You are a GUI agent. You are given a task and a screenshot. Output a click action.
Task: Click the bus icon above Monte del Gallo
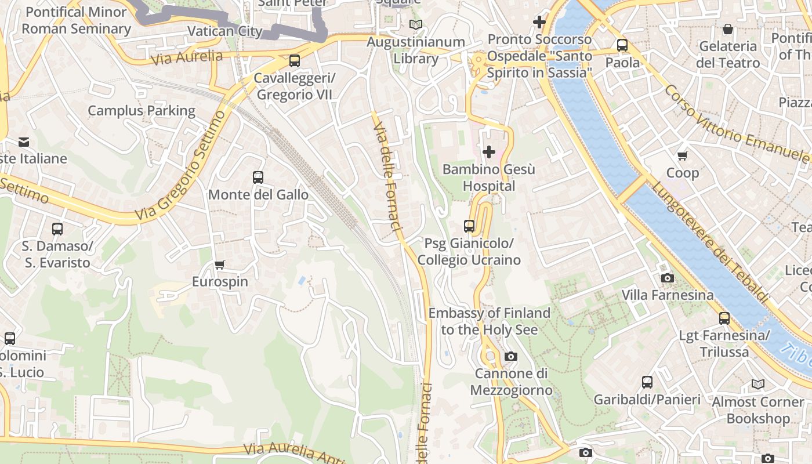click(x=258, y=177)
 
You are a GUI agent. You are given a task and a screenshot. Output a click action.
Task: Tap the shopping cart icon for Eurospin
click(x=219, y=265)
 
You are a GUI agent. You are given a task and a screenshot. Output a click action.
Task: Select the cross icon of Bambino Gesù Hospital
click(x=489, y=152)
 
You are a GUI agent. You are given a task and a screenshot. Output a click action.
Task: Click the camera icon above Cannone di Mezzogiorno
click(x=510, y=356)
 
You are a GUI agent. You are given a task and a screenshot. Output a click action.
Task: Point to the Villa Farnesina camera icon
click(x=668, y=278)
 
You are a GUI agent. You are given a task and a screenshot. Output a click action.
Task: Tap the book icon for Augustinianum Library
click(x=416, y=24)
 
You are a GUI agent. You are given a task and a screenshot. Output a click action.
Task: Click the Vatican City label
click(x=225, y=31)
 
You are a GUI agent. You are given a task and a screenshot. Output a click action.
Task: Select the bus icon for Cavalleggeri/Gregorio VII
click(x=295, y=61)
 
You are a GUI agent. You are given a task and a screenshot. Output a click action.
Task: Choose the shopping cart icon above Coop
click(x=683, y=155)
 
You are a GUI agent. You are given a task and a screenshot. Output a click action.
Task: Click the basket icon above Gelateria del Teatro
click(x=728, y=28)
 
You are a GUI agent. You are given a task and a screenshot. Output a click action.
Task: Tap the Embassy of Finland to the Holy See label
click(x=489, y=321)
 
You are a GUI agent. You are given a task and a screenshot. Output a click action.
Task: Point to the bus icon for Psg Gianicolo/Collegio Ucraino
click(x=469, y=226)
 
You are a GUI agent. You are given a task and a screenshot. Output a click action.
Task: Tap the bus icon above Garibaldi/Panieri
click(x=647, y=382)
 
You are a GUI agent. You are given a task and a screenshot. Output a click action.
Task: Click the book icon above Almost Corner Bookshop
click(x=758, y=384)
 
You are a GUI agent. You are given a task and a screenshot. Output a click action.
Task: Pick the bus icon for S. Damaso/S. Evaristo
click(x=57, y=229)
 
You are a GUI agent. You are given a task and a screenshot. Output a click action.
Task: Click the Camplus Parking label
click(x=142, y=110)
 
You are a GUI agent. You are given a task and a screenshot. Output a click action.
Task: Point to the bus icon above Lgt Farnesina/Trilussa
click(x=724, y=318)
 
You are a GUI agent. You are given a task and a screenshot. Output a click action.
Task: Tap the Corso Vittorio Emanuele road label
click(x=737, y=124)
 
